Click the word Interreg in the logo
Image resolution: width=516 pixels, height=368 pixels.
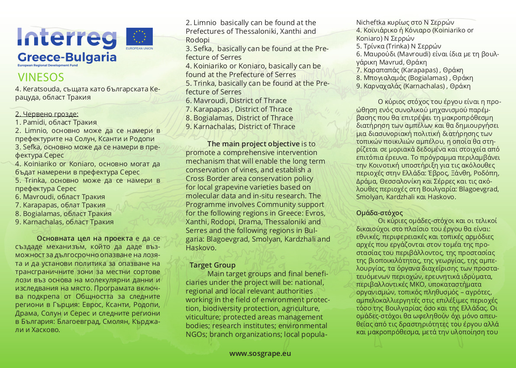[x=67, y=39]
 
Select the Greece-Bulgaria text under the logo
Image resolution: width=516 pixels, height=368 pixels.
[x=67, y=57]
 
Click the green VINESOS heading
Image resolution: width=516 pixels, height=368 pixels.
[x=41, y=77]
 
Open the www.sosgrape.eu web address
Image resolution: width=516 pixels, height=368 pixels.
[x=260, y=353]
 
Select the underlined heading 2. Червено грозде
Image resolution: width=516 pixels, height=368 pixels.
[x=47, y=114]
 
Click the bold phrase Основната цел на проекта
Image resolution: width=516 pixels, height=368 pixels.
[x=85, y=239]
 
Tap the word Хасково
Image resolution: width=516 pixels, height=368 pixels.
[x=44, y=329]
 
